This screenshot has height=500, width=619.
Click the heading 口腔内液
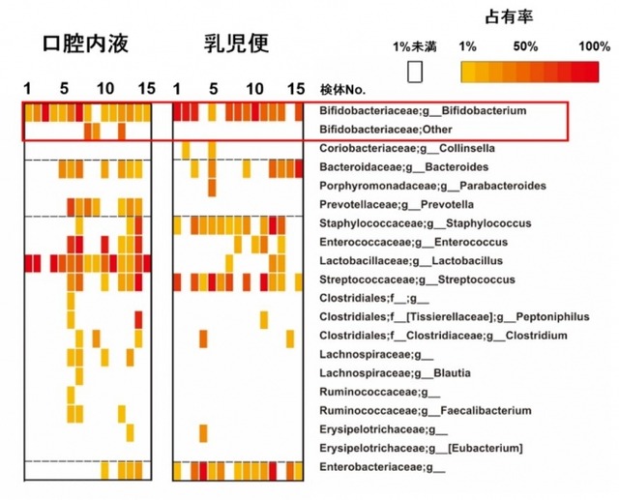pyautogui.click(x=86, y=44)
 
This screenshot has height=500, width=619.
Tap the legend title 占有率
pyautogui.click(x=504, y=17)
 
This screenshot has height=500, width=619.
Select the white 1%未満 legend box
pyautogui.click(x=416, y=73)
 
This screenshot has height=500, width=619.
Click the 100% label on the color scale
pyautogui.click(x=592, y=46)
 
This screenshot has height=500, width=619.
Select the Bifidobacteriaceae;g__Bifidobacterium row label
pyautogui.click(x=423, y=111)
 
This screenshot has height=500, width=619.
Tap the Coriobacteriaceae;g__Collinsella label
pyautogui.click(x=395, y=148)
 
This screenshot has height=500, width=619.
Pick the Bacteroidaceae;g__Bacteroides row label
pyautogui.click(x=392, y=167)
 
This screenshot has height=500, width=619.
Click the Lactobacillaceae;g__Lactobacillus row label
pyautogui.click(x=396, y=260)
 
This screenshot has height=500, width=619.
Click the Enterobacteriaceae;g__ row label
pyautogui.click(x=382, y=467)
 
